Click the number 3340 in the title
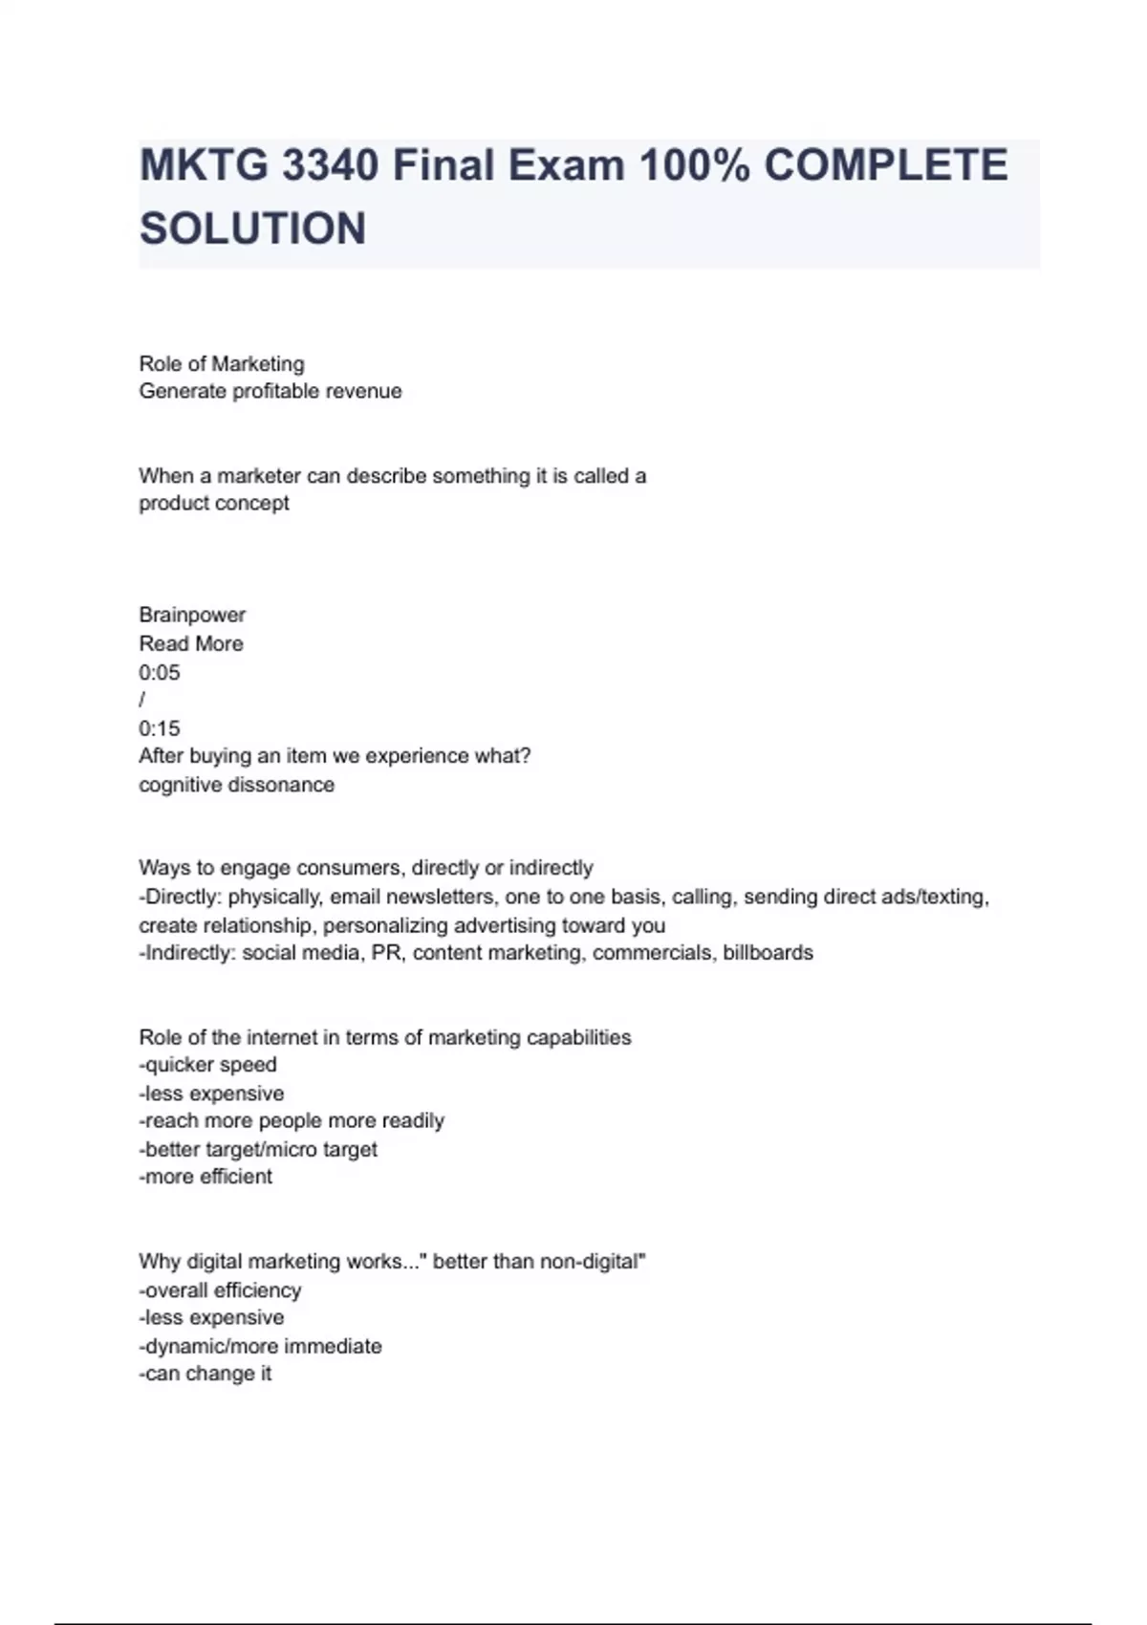[330, 165]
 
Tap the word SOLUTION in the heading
[253, 229]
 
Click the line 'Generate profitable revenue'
[271, 391]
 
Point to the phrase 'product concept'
[214, 503]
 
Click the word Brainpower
[192, 615]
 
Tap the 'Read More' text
[191, 643]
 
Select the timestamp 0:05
[160, 672]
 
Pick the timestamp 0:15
[160, 728]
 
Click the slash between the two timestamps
[142, 700]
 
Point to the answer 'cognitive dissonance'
[237, 785]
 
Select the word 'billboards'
[768, 953]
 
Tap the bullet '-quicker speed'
[208, 1065]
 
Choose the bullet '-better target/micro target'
[258, 1149]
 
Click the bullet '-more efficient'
[206, 1177]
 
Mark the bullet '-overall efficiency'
[220, 1290]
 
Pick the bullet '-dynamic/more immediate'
[260, 1346]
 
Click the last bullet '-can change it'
[206, 1374]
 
